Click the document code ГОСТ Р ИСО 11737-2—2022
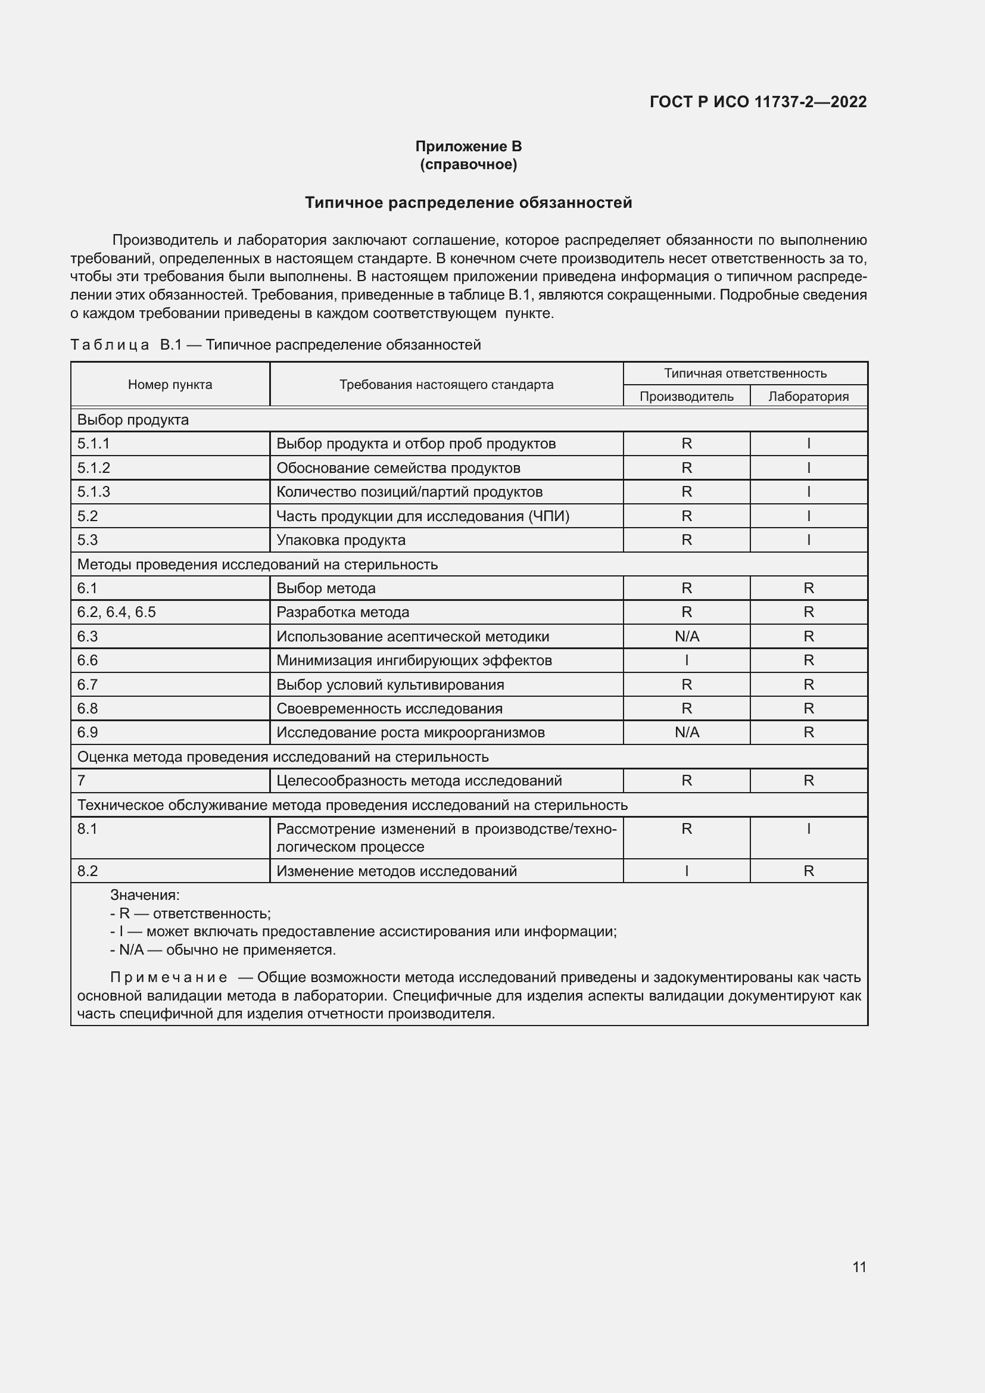pos(758,102)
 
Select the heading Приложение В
pos(468,147)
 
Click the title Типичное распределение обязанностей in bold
pos(468,202)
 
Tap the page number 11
pos(859,1267)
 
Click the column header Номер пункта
pos(170,385)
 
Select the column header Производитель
pos(687,396)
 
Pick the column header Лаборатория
pos(808,396)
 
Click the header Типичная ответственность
pos(745,373)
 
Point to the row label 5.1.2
pos(93,468)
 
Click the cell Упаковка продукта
pos(341,540)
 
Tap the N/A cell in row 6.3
pos(687,637)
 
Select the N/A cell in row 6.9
pos(687,733)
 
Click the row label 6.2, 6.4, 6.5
pos(117,612)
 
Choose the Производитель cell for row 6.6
pos(687,660)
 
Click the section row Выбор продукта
pos(133,420)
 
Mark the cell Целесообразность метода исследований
pos(419,781)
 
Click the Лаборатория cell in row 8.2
pos(808,871)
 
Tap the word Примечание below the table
pos(169,977)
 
